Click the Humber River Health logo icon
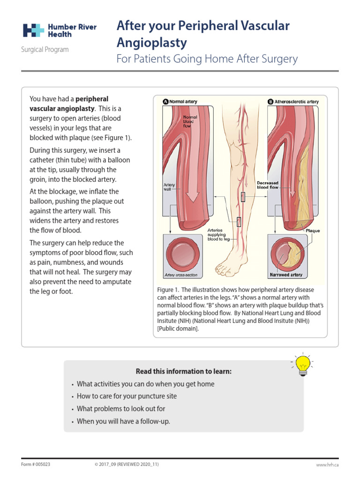coord(34,30)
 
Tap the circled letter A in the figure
coord(165,101)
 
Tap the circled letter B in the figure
coord(270,101)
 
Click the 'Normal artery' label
coord(183,101)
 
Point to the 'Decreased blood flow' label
coord(268,185)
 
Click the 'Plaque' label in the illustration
coord(312,231)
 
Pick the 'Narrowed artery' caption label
coord(286,275)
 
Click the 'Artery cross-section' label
coord(180,275)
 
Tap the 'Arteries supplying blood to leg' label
coord(218,234)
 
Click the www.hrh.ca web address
coord(327,464)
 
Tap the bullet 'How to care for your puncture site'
coord(127,396)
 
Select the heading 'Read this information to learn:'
coord(184,372)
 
